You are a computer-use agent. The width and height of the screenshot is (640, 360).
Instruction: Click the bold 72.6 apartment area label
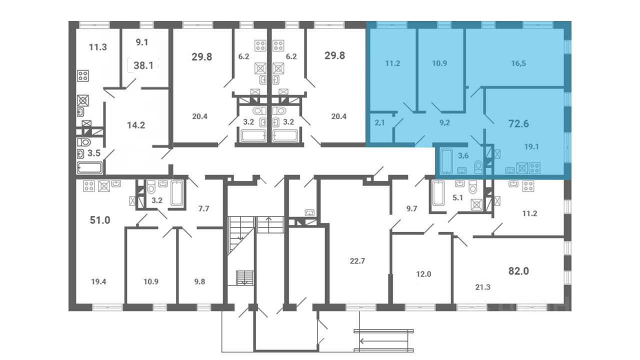point(518,123)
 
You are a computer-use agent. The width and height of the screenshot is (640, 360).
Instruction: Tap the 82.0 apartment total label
point(518,271)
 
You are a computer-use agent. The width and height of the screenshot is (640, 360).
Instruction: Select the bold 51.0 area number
point(100,220)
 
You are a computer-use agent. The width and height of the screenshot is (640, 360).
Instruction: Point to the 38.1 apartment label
point(143,65)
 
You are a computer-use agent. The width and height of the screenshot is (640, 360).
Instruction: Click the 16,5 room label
point(518,63)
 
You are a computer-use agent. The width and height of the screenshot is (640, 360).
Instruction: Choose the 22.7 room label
point(357,261)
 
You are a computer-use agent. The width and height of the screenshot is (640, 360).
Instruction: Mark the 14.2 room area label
point(136,125)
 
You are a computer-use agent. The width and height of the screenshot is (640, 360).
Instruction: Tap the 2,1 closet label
point(379,123)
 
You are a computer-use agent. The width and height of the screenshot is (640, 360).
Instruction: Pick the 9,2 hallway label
point(444,123)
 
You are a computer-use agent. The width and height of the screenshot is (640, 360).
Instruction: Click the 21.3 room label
point(483,287)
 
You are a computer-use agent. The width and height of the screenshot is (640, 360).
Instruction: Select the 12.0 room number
point(423,274)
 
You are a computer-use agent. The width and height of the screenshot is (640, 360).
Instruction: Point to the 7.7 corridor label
point(203,208)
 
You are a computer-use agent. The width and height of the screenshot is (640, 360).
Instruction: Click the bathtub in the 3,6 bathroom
point(446,161)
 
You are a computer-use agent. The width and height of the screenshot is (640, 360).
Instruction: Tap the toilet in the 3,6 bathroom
point(478,167)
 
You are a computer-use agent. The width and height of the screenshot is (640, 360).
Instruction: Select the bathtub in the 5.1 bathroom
point(438,193)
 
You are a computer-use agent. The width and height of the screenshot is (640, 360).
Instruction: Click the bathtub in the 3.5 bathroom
point(89,168)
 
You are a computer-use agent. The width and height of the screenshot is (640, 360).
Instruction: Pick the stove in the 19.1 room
point(534,168)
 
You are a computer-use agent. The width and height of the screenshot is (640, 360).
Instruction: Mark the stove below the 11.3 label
point(83,76)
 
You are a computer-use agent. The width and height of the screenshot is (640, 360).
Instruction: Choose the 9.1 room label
point(141,42)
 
